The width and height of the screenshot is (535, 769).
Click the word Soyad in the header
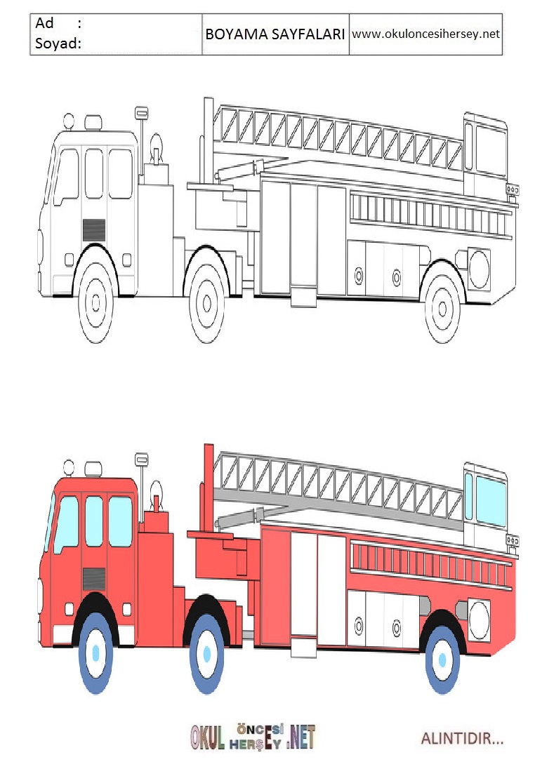[56, 44]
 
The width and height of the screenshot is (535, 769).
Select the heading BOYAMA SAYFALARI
[275, 34]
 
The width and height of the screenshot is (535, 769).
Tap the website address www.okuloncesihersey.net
[425, 34]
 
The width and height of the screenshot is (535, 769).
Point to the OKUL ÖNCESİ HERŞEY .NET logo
[253, 737]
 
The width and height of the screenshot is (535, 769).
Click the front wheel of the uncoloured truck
[96, 302]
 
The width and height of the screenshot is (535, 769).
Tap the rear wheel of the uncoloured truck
[442, 309]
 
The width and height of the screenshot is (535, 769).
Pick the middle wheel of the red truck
[206, 653]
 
